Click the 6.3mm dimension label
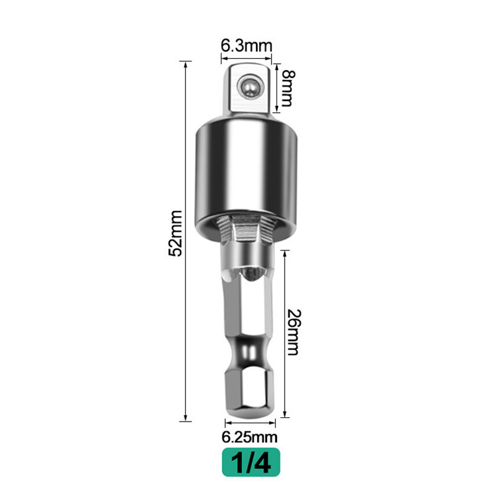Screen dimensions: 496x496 [x=246, y=46]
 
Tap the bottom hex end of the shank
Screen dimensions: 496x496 [x=248, y=394]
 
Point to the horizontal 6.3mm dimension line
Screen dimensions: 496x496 [x=248, y=60]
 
